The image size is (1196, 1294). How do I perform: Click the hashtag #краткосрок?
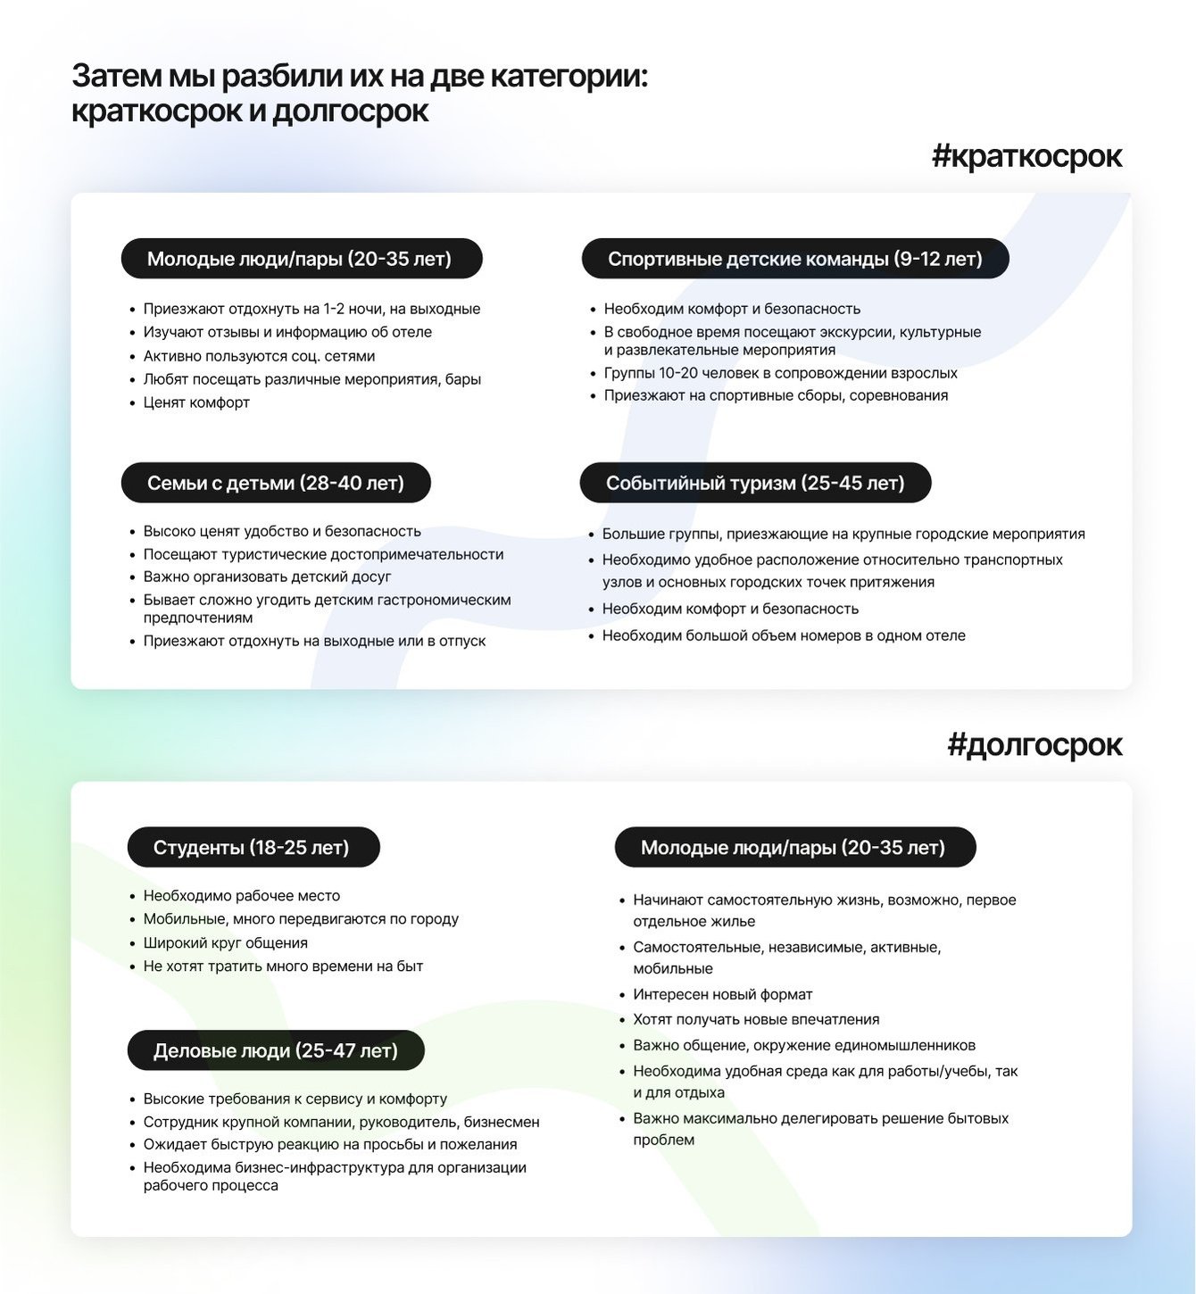(x=1026, y=156)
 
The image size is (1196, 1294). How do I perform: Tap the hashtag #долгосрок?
(x=1034, y=744)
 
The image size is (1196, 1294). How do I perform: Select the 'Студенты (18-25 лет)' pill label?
(x=253, y=847)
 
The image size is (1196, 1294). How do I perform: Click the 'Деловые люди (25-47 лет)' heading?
(x=276, y=1050)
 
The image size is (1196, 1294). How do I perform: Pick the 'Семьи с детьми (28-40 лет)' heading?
(x=276, y=483)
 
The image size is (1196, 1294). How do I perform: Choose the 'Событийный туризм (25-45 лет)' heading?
(x=755, y=483)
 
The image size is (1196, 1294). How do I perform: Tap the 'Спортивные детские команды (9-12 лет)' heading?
(x=794, y=259)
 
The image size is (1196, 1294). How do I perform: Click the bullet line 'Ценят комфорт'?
(x=196, y=402)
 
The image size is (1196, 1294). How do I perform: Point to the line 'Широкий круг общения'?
(x=225, y=942)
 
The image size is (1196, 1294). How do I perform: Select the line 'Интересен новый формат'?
(x=723, y=994)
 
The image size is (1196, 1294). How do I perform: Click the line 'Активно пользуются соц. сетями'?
(x=259, y=356)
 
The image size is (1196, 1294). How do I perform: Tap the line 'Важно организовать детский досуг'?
(x=267, y=576)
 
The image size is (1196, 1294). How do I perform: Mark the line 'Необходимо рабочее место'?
(x=241, y=895)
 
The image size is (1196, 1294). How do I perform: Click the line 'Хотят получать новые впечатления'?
(x=756, y=1019)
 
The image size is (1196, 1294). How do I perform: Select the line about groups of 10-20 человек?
(x=780, y=373)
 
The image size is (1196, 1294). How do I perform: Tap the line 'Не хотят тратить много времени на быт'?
(x=283, y=966)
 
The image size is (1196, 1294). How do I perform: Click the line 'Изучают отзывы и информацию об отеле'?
(x=287, y=332)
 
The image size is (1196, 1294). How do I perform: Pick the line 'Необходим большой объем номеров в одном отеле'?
(x=784, y=635)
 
